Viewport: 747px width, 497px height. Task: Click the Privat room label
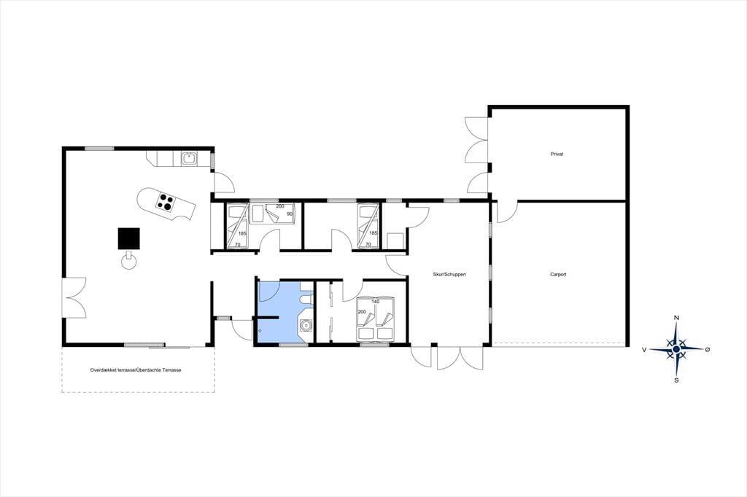[557, 154]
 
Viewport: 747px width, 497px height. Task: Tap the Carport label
[558, 275]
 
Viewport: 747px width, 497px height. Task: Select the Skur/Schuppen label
[449, 275]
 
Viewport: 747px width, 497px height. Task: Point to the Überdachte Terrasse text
[158, 370]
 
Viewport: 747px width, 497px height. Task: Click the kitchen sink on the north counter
[189, 158]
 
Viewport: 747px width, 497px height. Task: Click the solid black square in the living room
[129, 238]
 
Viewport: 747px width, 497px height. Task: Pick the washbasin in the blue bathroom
[306, 325]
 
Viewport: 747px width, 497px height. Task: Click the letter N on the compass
[676, 318]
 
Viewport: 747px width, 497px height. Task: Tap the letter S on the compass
[676, 380]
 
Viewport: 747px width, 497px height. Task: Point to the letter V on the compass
[644, 350]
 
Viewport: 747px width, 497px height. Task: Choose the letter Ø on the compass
[708, 349]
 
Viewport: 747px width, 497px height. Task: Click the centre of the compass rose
[676, 349]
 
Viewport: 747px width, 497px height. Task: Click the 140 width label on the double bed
[376, 302]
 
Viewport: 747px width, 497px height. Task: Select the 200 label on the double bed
[362, 312]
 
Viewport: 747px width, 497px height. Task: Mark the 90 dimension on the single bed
[289, 214]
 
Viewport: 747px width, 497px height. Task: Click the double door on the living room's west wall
[74, 298]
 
